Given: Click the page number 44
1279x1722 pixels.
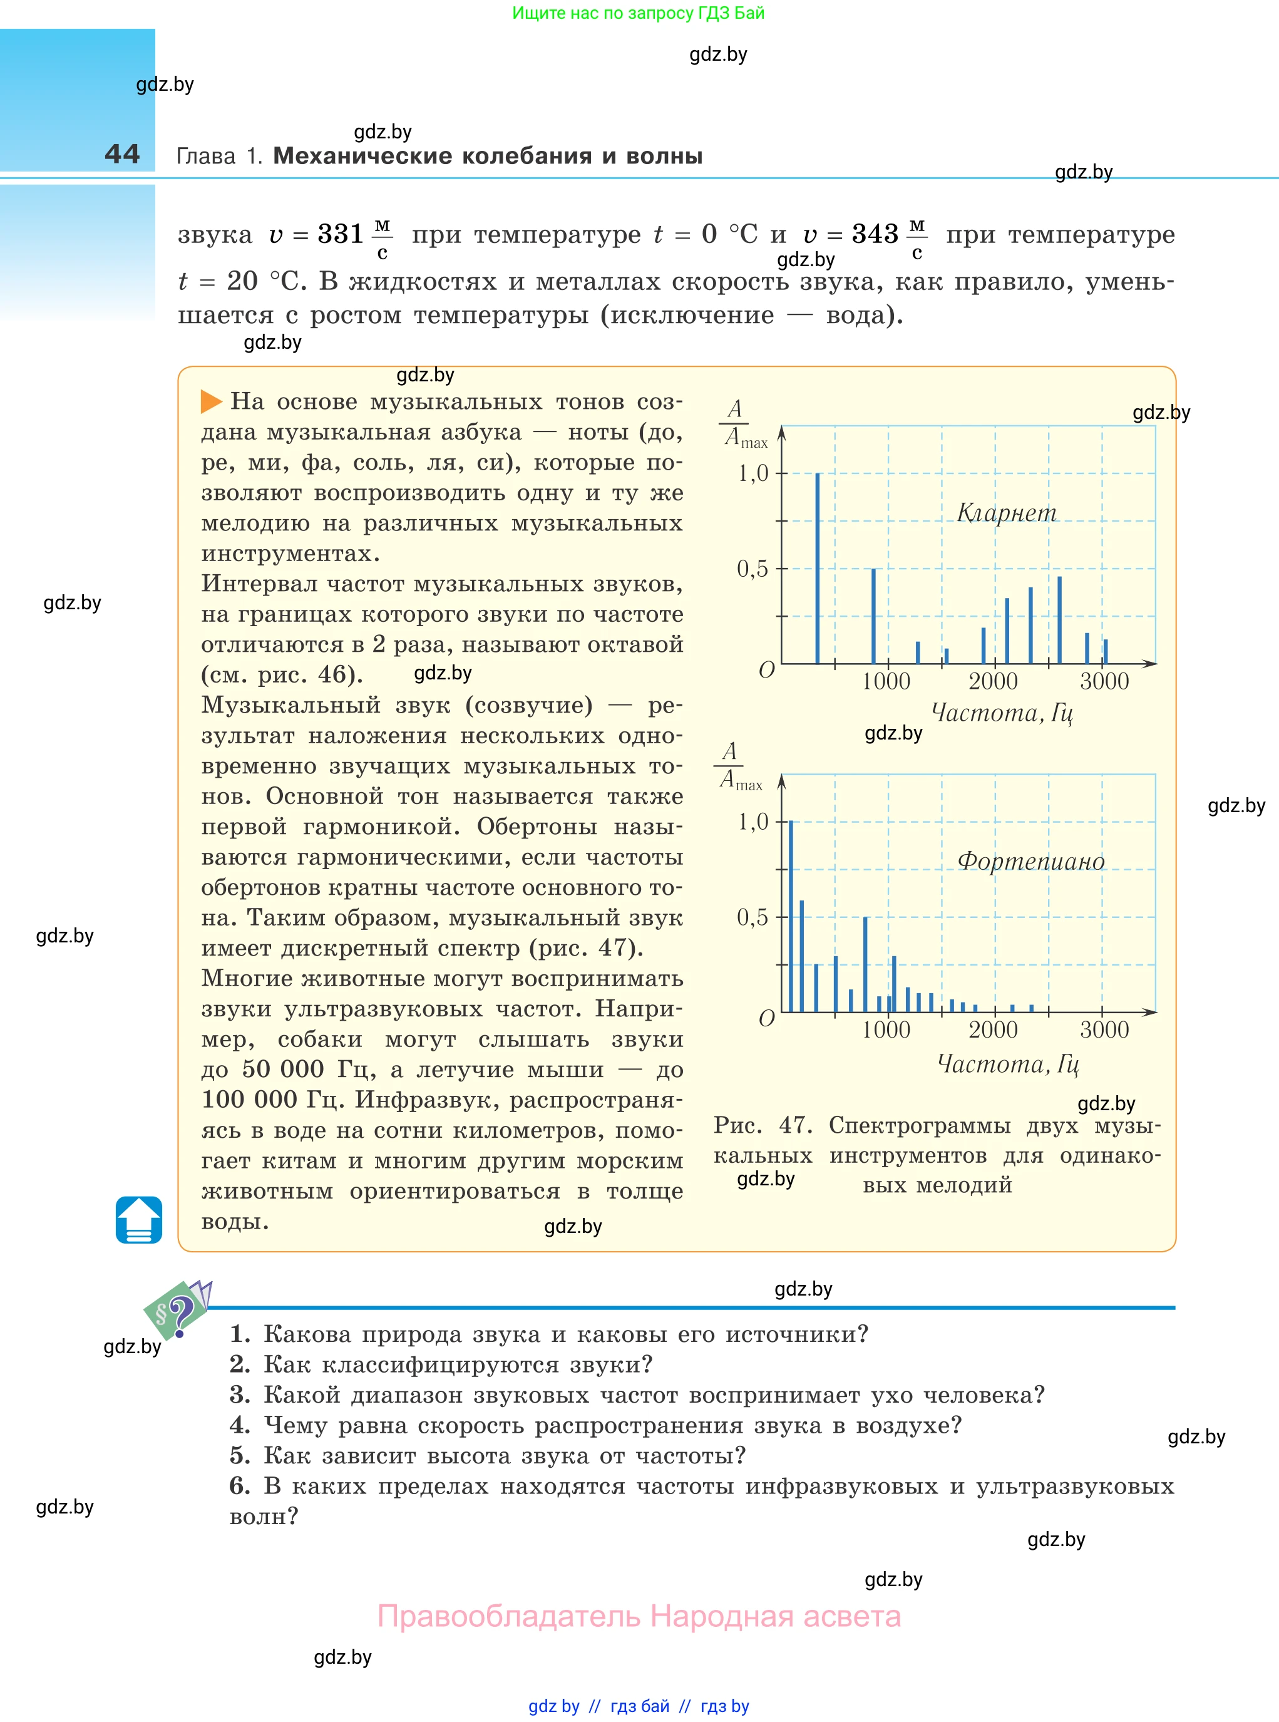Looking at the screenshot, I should point(122,153).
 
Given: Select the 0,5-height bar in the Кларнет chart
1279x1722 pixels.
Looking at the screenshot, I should point(873,616).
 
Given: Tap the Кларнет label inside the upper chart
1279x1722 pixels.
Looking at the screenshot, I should point(1007,513).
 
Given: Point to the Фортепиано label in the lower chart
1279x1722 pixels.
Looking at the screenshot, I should point(1030,861).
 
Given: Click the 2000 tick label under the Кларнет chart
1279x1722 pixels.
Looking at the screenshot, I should point(994,681).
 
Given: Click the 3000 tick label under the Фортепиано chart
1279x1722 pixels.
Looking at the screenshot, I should point(1104,1030).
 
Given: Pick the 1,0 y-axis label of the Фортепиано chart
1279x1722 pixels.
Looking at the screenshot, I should point(753,822).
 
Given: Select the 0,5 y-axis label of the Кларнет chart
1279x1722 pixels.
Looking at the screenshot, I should point(753,569).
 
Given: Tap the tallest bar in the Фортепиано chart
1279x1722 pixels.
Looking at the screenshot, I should point(791,916).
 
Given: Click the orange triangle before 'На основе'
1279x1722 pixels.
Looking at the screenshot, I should point(210,401).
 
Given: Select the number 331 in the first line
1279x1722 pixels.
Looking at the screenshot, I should point(341,234).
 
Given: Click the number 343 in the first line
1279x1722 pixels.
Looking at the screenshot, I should point(875,234).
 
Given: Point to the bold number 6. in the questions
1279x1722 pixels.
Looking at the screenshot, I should point(240,1486).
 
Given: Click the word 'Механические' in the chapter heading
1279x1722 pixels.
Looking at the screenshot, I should point(362,156).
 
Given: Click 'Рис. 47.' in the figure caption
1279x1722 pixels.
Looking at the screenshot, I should point(763,1125).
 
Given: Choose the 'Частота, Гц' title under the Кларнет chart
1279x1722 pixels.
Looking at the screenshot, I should point(1002,713).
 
